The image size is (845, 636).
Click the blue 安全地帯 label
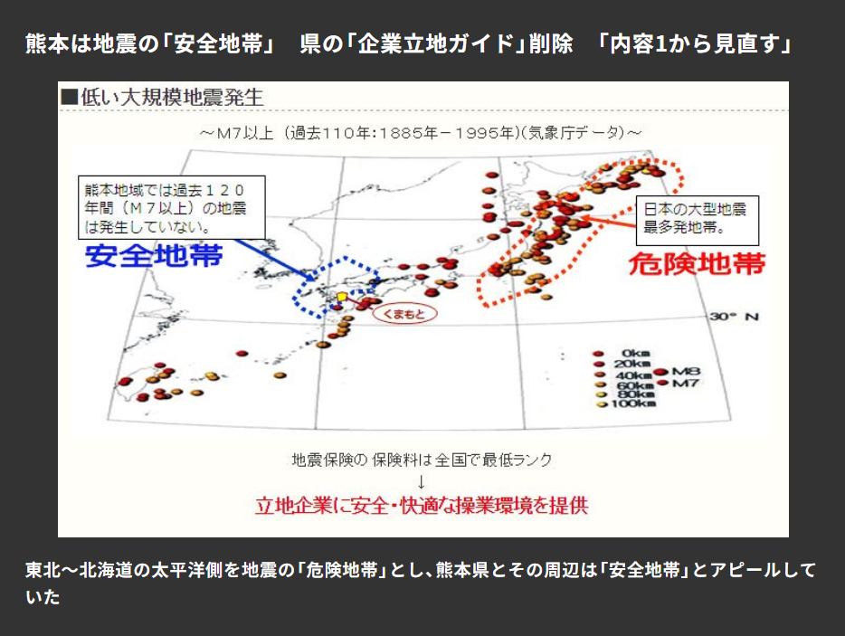[x=154, y=255]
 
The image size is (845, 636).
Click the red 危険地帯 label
[x=698, y=263]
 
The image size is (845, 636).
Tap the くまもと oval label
[x=404, y=314]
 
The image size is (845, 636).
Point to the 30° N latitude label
[x=735, y=317]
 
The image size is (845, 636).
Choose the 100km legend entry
[x=626, y=403]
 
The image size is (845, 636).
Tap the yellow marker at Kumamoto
[x=342, y=297]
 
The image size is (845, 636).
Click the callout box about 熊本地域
[x=172, y=207]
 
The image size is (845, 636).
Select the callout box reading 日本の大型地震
[x=698, y=220]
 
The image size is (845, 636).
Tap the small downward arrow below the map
[x=422, y=481]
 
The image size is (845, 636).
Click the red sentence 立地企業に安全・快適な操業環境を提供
[x=422, y=506]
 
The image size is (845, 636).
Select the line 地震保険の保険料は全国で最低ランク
[x=422, y=460]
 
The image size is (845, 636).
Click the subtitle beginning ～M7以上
[x=421, y=133]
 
